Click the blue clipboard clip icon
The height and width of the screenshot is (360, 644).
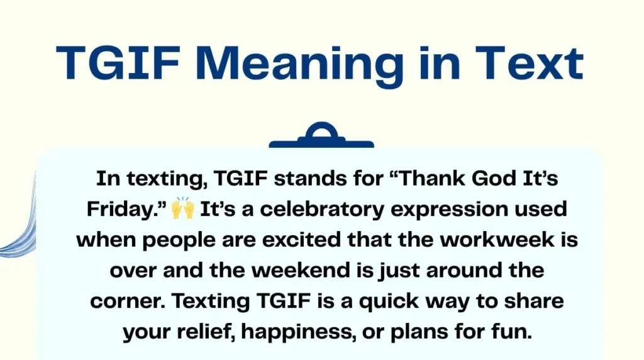321,137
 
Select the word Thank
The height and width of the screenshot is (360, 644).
425,178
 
